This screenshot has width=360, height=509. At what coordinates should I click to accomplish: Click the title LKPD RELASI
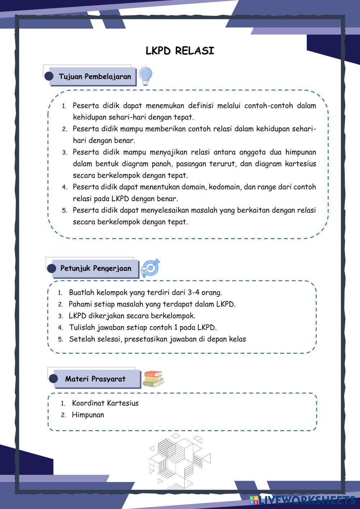tap(180, 51)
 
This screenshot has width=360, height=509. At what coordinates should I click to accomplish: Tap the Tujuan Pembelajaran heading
tap(95, 76)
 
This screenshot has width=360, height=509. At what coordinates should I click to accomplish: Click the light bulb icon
tap(145, 76)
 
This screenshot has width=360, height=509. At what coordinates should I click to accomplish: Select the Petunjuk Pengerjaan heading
tap(96, 268)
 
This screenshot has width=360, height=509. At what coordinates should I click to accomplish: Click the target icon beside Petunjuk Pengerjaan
tap(150, 268)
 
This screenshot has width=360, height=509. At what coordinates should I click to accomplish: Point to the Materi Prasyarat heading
tap(95, 379)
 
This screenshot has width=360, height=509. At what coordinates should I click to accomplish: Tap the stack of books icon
tap(153, 379)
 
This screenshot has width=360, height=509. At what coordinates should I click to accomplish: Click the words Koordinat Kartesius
tap(105, 403)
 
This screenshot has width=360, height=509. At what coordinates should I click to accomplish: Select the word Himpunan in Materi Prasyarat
tap(88, 415)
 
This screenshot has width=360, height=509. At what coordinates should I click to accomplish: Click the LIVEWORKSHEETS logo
tap(302, 500)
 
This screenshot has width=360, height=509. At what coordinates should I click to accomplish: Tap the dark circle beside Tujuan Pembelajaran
tap(49, 76)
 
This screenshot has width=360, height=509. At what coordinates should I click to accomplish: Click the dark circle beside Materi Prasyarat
tap(53, 379)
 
